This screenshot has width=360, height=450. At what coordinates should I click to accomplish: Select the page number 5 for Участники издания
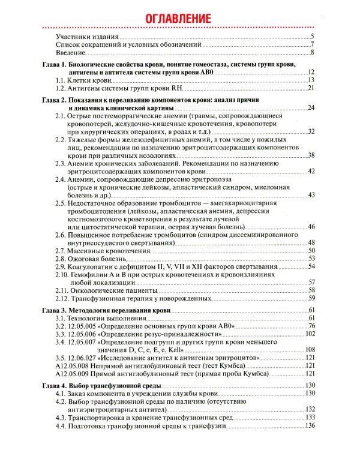[x=313, y=37]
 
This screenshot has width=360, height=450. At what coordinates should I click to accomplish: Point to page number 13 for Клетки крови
[x=311, y=80]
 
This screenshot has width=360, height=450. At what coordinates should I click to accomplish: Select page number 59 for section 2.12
[x=311, y=298]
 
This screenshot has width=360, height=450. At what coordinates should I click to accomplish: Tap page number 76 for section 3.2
[x=311, y=326]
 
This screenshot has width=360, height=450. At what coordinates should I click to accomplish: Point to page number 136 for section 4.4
[x=310, y=425]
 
